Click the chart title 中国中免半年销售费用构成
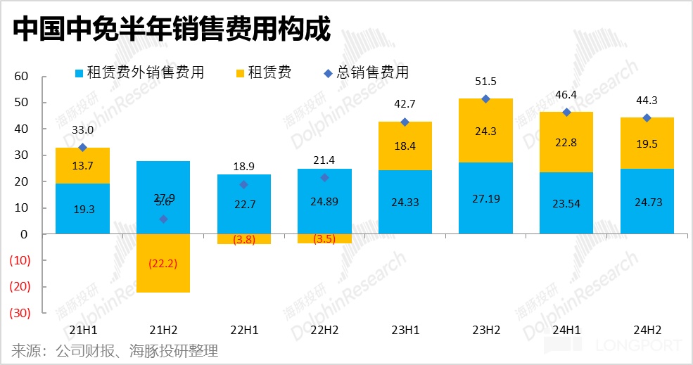(x=171, y=29)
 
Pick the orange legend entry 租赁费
(x=265, y=72)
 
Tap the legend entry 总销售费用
(x=365, y=72)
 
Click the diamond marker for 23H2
(x=485, y=99)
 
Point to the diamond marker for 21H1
(x=82, y=148)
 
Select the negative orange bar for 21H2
(x=163, y=263)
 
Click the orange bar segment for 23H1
(x=405, y=146)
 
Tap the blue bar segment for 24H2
(x=647, y=201)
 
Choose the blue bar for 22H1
(x=244, y=204)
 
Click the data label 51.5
(x=485, y=82)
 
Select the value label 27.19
(x=485, y=199)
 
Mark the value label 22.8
(x=566, y=143)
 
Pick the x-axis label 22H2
(x=324, y=329)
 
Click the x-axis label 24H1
(x=566, y=329)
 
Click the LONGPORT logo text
(x=639, y=345)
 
